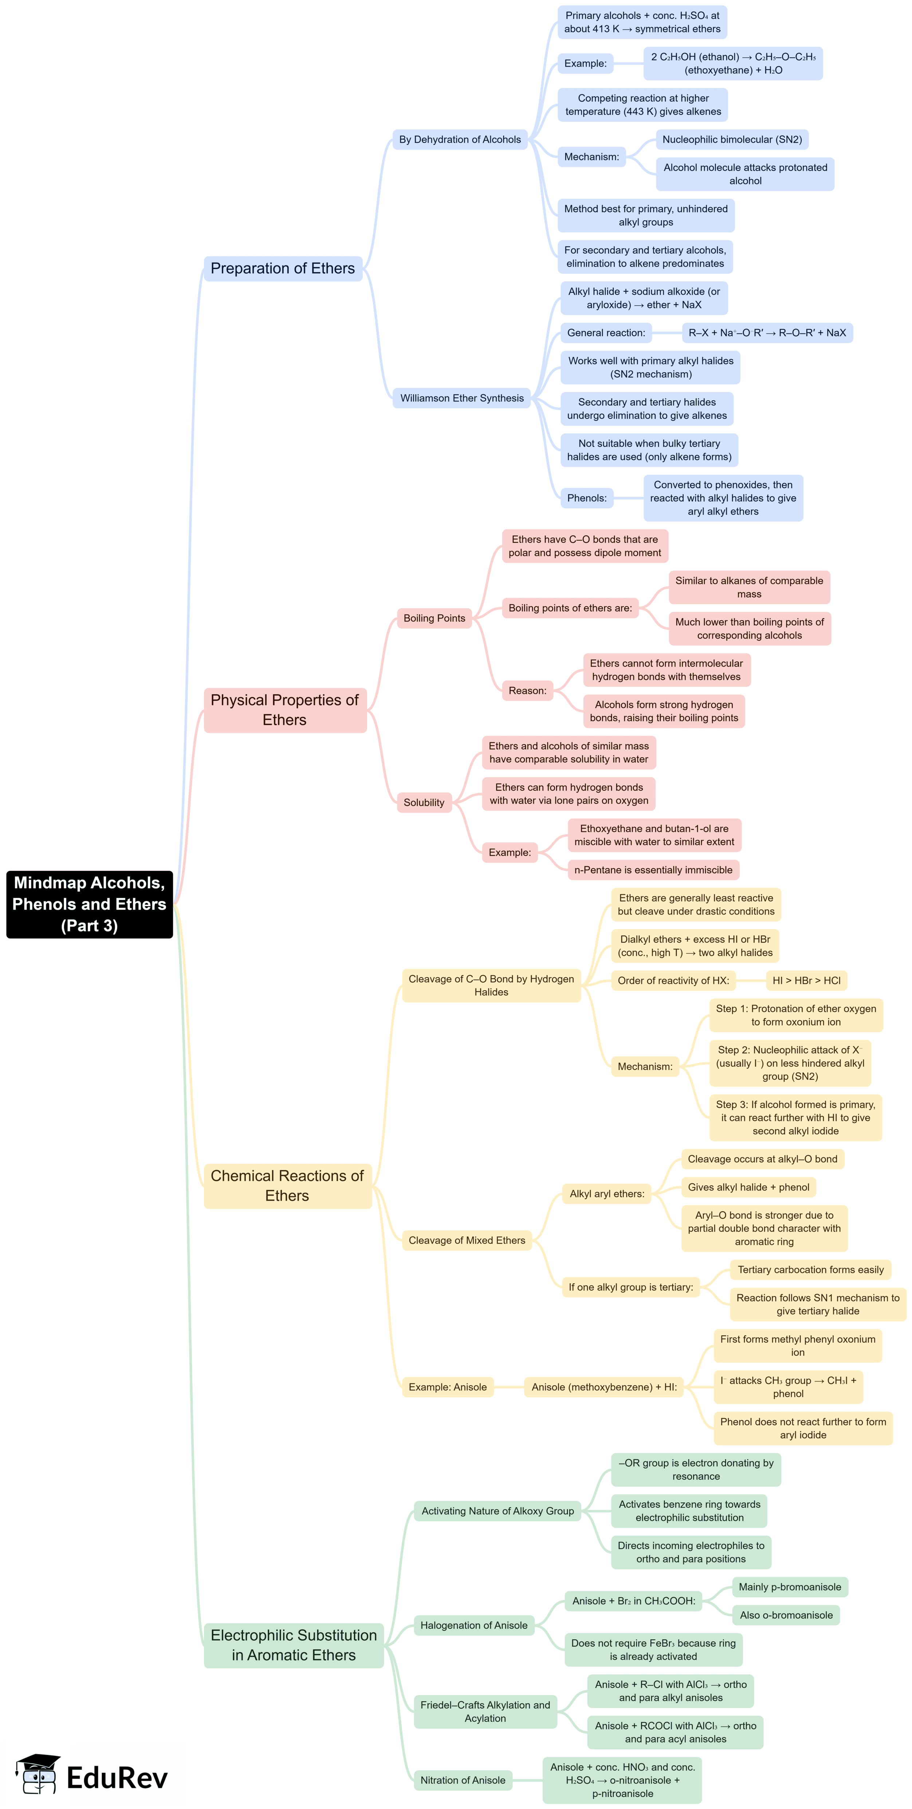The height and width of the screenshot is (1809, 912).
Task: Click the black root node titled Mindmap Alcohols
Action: click(x=89, y=904)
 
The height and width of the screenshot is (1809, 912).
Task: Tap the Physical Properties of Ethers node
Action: click(x=284, y=710)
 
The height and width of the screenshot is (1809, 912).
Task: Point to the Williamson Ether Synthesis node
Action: click(x=461, y=398)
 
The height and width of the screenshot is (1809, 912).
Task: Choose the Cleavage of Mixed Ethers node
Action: click(x=467, y=1240)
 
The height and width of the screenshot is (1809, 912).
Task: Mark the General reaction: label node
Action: click(x=606, y=333)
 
